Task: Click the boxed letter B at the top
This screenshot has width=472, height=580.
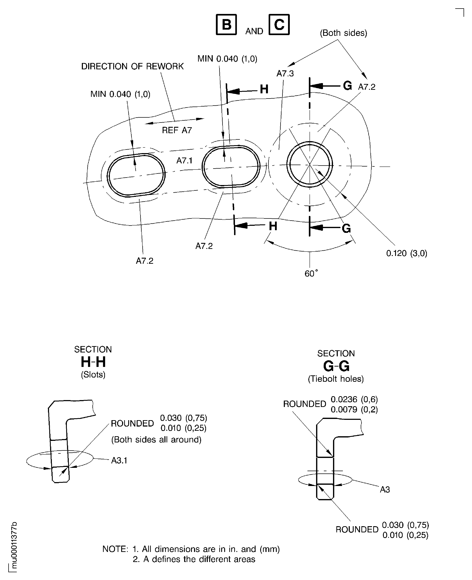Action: click(226, 25)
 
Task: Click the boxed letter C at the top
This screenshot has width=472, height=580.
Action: click(279, 25)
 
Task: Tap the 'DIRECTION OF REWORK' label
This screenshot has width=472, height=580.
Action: click(132, 66)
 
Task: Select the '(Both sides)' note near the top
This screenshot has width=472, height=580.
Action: click(343, 33)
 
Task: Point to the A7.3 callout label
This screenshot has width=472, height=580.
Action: click(285, 73)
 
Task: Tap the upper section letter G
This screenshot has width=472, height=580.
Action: click(347, 86)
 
